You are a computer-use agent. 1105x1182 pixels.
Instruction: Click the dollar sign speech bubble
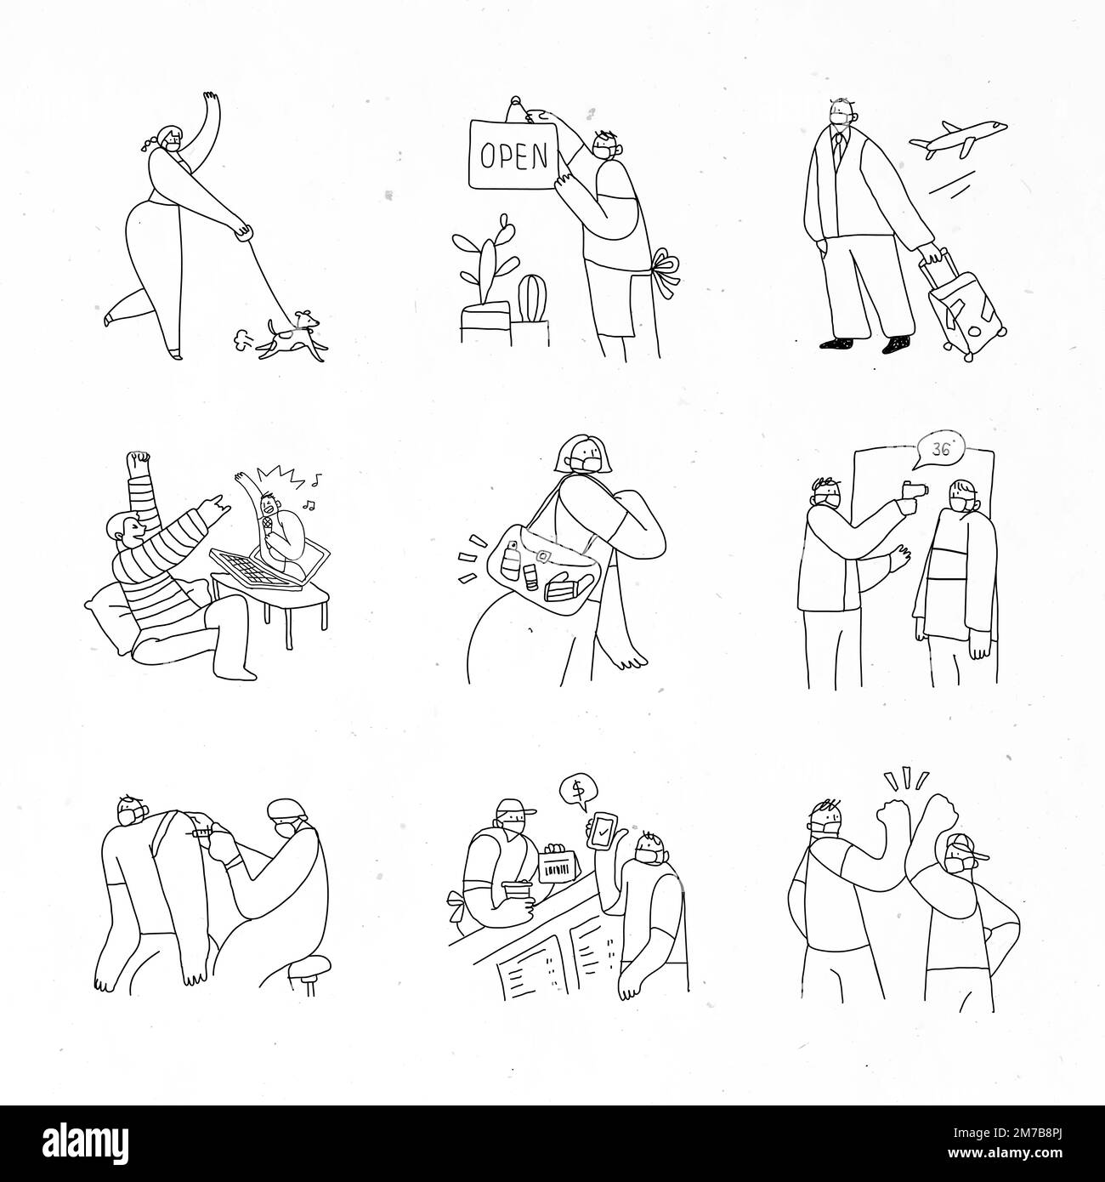pos(577,792)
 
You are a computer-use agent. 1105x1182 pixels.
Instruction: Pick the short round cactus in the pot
pos(530,294)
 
